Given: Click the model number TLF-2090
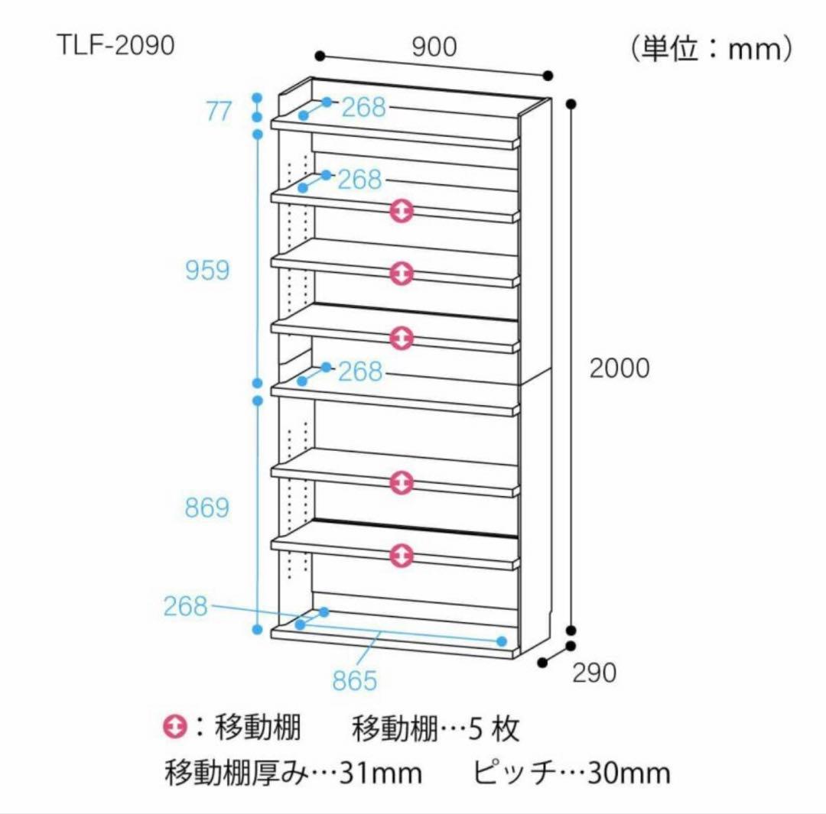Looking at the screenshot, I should (x=115, y=46).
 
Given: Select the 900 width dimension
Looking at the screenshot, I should (x=434, y=47).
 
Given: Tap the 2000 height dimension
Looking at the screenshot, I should (x=619, y=368).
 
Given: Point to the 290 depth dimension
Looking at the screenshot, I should (x=594, y=673).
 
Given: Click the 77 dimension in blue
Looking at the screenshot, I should (x=218, y=112).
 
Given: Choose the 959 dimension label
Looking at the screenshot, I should (x=206, y=270).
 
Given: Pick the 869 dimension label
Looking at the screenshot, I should (x=206, y=508).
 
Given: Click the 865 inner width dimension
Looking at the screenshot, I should (x=355, y=679).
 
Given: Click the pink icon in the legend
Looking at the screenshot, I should (x=174, y=728).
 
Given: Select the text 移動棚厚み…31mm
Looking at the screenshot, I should (x=293, y=773).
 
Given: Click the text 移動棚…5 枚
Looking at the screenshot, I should (x=435, y=729).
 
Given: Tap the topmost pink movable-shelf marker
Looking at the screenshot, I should (x=402, y=211).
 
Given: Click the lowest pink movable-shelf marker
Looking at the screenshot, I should (x=402, y=556).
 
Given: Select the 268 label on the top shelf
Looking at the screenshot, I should (x=363, y=108).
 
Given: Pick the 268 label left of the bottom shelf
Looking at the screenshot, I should (x=185, y=606).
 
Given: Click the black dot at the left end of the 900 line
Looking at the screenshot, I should (x=320, y=56).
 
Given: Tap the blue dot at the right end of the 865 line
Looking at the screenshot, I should (x=502, y=640).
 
